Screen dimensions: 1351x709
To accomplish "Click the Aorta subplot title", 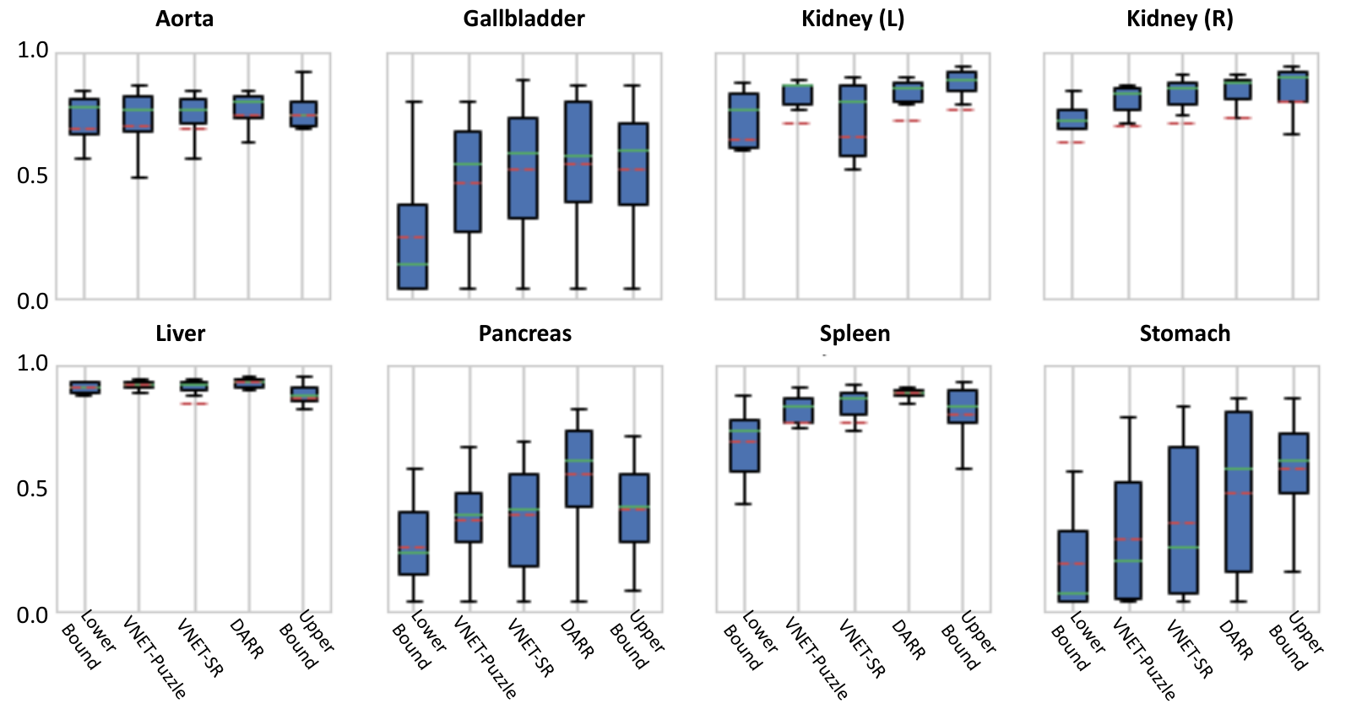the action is (185, 19).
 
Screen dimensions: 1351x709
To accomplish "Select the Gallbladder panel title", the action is (524, 19).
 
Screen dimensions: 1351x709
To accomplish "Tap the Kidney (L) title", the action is (853, 19).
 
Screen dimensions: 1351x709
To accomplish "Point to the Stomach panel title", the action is (1185, 333).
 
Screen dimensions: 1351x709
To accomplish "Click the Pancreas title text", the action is (524, 333).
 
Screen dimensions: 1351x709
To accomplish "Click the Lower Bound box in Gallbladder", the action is (413, 246).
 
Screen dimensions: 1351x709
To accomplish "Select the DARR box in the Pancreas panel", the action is (578, 468).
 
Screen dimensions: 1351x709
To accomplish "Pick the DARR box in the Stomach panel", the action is (1238, 491).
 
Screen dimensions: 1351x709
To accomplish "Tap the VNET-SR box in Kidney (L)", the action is (852, 121).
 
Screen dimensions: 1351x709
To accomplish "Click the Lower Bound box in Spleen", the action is (744, 446).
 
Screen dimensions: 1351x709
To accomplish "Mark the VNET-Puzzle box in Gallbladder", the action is (468, 181).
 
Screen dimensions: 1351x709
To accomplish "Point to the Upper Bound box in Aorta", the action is (303, 114).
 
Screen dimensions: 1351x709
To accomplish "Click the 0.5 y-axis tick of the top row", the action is (33, 176).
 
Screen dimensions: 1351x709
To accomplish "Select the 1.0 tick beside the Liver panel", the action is (33, 363).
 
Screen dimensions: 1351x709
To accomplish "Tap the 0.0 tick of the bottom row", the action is (33, 615).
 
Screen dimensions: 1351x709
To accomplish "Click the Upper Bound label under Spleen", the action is (968, 641).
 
